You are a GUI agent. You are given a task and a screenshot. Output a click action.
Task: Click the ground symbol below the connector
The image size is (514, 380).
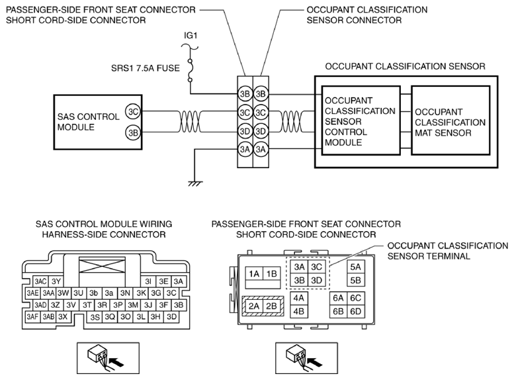pyautogui.click(x=195, y=183)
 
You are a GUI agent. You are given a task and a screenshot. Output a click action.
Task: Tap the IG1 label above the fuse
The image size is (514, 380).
pyautogui.click(x=191, y=36)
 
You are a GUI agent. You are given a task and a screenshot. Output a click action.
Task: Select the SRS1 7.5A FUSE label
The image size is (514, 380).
pyautogui.click(x=146, y=68)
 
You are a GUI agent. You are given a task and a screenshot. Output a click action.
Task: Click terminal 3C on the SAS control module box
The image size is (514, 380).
pyautogui.click(x=133, y=112)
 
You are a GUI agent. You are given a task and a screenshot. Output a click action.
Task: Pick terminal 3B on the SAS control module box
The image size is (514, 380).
pyautogui.click(x=133, y=132)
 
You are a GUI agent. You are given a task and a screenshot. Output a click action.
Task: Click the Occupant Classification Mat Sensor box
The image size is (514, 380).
pyautogui.click(x=450, y=120)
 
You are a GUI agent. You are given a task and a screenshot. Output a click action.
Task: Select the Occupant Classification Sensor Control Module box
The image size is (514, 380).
pyautogui.click(x=361, y=120)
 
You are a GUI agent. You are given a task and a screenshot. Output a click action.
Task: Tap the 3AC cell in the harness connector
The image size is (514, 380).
pyautogui.click(x=40, y=281)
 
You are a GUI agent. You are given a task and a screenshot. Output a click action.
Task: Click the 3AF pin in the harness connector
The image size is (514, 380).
pyautogui.click(x=33, y=316)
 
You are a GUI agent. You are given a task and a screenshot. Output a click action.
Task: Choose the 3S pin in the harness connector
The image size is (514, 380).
pyautogui.click(x=95, y=317)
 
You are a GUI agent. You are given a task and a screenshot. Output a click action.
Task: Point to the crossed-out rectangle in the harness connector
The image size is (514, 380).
pyautogui.click(x=102, y=265)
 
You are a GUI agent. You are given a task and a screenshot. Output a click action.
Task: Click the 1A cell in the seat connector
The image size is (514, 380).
pyautogui.click(x=254, y=273)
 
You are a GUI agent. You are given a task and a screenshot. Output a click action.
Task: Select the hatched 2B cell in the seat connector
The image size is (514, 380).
pyautogui.click(x=272, y=306)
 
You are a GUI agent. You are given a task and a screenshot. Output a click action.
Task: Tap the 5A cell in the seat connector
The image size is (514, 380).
pyautogui.click(x=356, y=267)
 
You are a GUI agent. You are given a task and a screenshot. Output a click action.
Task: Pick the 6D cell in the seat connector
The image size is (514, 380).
pyautogui.click(x=356, y=311)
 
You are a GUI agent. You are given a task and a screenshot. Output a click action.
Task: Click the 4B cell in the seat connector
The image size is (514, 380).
pyautogui.click(x=298, y=311)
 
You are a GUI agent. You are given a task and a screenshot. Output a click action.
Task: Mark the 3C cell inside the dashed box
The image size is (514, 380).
pyautogui.click(x=316, y=267)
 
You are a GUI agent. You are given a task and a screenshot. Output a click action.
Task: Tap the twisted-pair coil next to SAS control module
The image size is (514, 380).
pyautogui.click(x=189, y=122)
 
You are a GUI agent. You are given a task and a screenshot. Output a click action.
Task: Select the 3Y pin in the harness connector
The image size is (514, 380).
pyautogui.click(x=56, y=281)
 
